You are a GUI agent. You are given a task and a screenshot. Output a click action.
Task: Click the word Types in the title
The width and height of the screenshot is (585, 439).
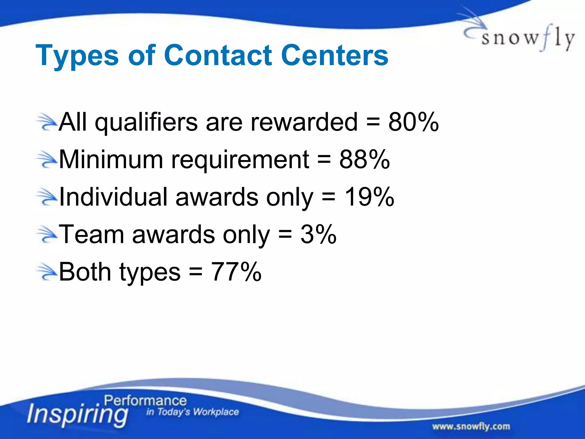pos(77,56)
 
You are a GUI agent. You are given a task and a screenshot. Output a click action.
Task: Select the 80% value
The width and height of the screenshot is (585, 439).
pos(413,122)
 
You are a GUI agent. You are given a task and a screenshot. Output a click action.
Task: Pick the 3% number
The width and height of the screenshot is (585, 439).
pos(318,234)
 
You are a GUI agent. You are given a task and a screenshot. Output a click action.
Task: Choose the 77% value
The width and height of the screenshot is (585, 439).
pos(236,272)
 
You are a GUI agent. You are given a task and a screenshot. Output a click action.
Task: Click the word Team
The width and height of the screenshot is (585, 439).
pos(91,234)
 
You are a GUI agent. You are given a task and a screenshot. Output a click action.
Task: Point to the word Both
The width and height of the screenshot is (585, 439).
pos(85,272)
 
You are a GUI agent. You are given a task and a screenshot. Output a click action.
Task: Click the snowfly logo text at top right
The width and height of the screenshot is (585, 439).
pos(527,39)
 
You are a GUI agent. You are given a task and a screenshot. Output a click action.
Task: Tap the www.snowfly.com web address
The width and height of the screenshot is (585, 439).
pos(471,426)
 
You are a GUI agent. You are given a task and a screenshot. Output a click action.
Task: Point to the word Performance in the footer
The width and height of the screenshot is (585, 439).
pos(145,401)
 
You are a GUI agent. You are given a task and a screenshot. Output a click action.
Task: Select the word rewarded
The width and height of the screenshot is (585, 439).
pos(304,122)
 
